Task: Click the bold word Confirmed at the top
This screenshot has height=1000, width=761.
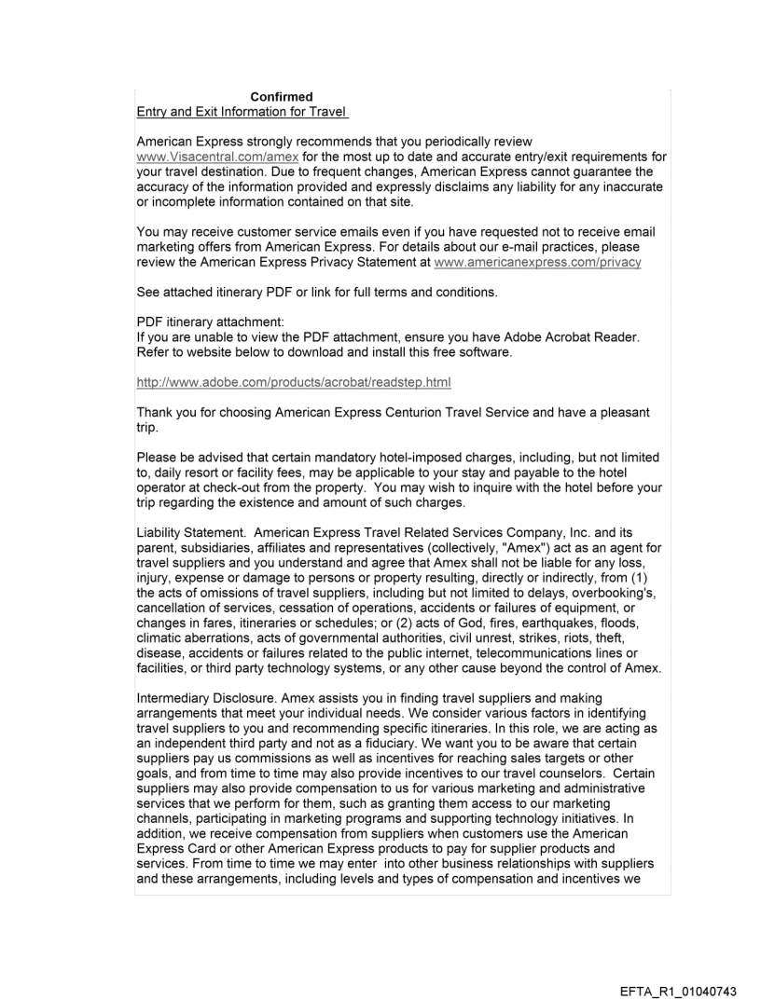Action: coord(281,97)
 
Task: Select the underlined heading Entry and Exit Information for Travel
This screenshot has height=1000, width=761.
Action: coord(242,113)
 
